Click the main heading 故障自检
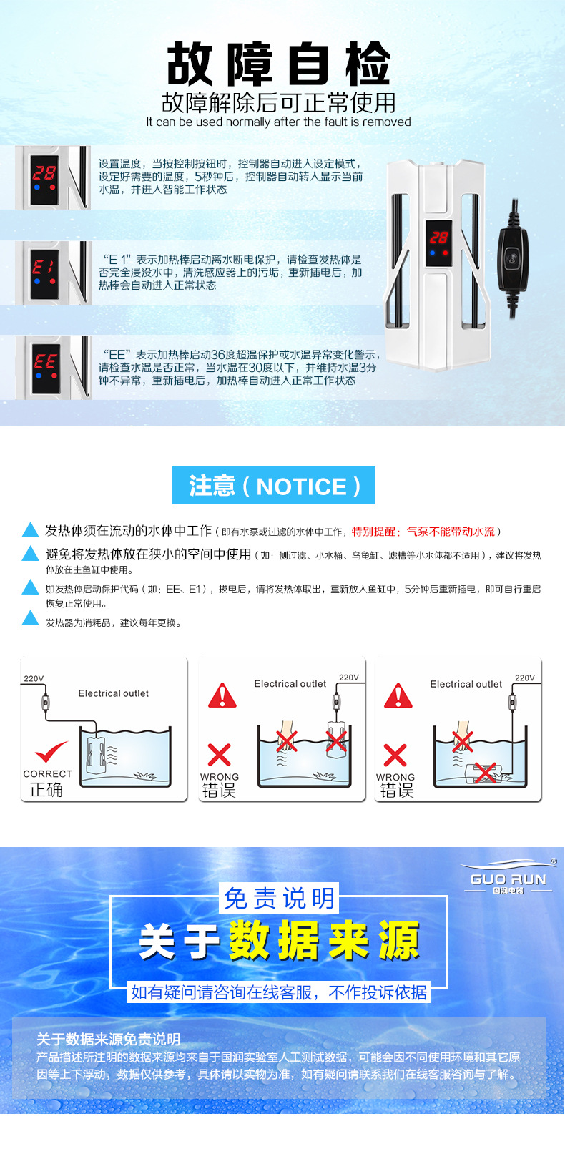(279, 64)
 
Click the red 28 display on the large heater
(438, 238)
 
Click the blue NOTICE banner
(274, 486)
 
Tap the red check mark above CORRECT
(51, 753)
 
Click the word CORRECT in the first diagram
(47, 773)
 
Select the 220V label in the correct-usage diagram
(34, 678)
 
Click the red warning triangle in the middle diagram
(222, 695)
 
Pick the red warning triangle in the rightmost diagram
(398, 695)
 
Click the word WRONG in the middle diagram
(220, 776)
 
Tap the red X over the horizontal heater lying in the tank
(485, 772)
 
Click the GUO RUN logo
(508, 878)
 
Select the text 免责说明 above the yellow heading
(280, 899)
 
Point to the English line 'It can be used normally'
(279, 122)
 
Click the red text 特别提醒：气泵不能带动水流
(423, 532)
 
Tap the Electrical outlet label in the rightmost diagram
(466, 684)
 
